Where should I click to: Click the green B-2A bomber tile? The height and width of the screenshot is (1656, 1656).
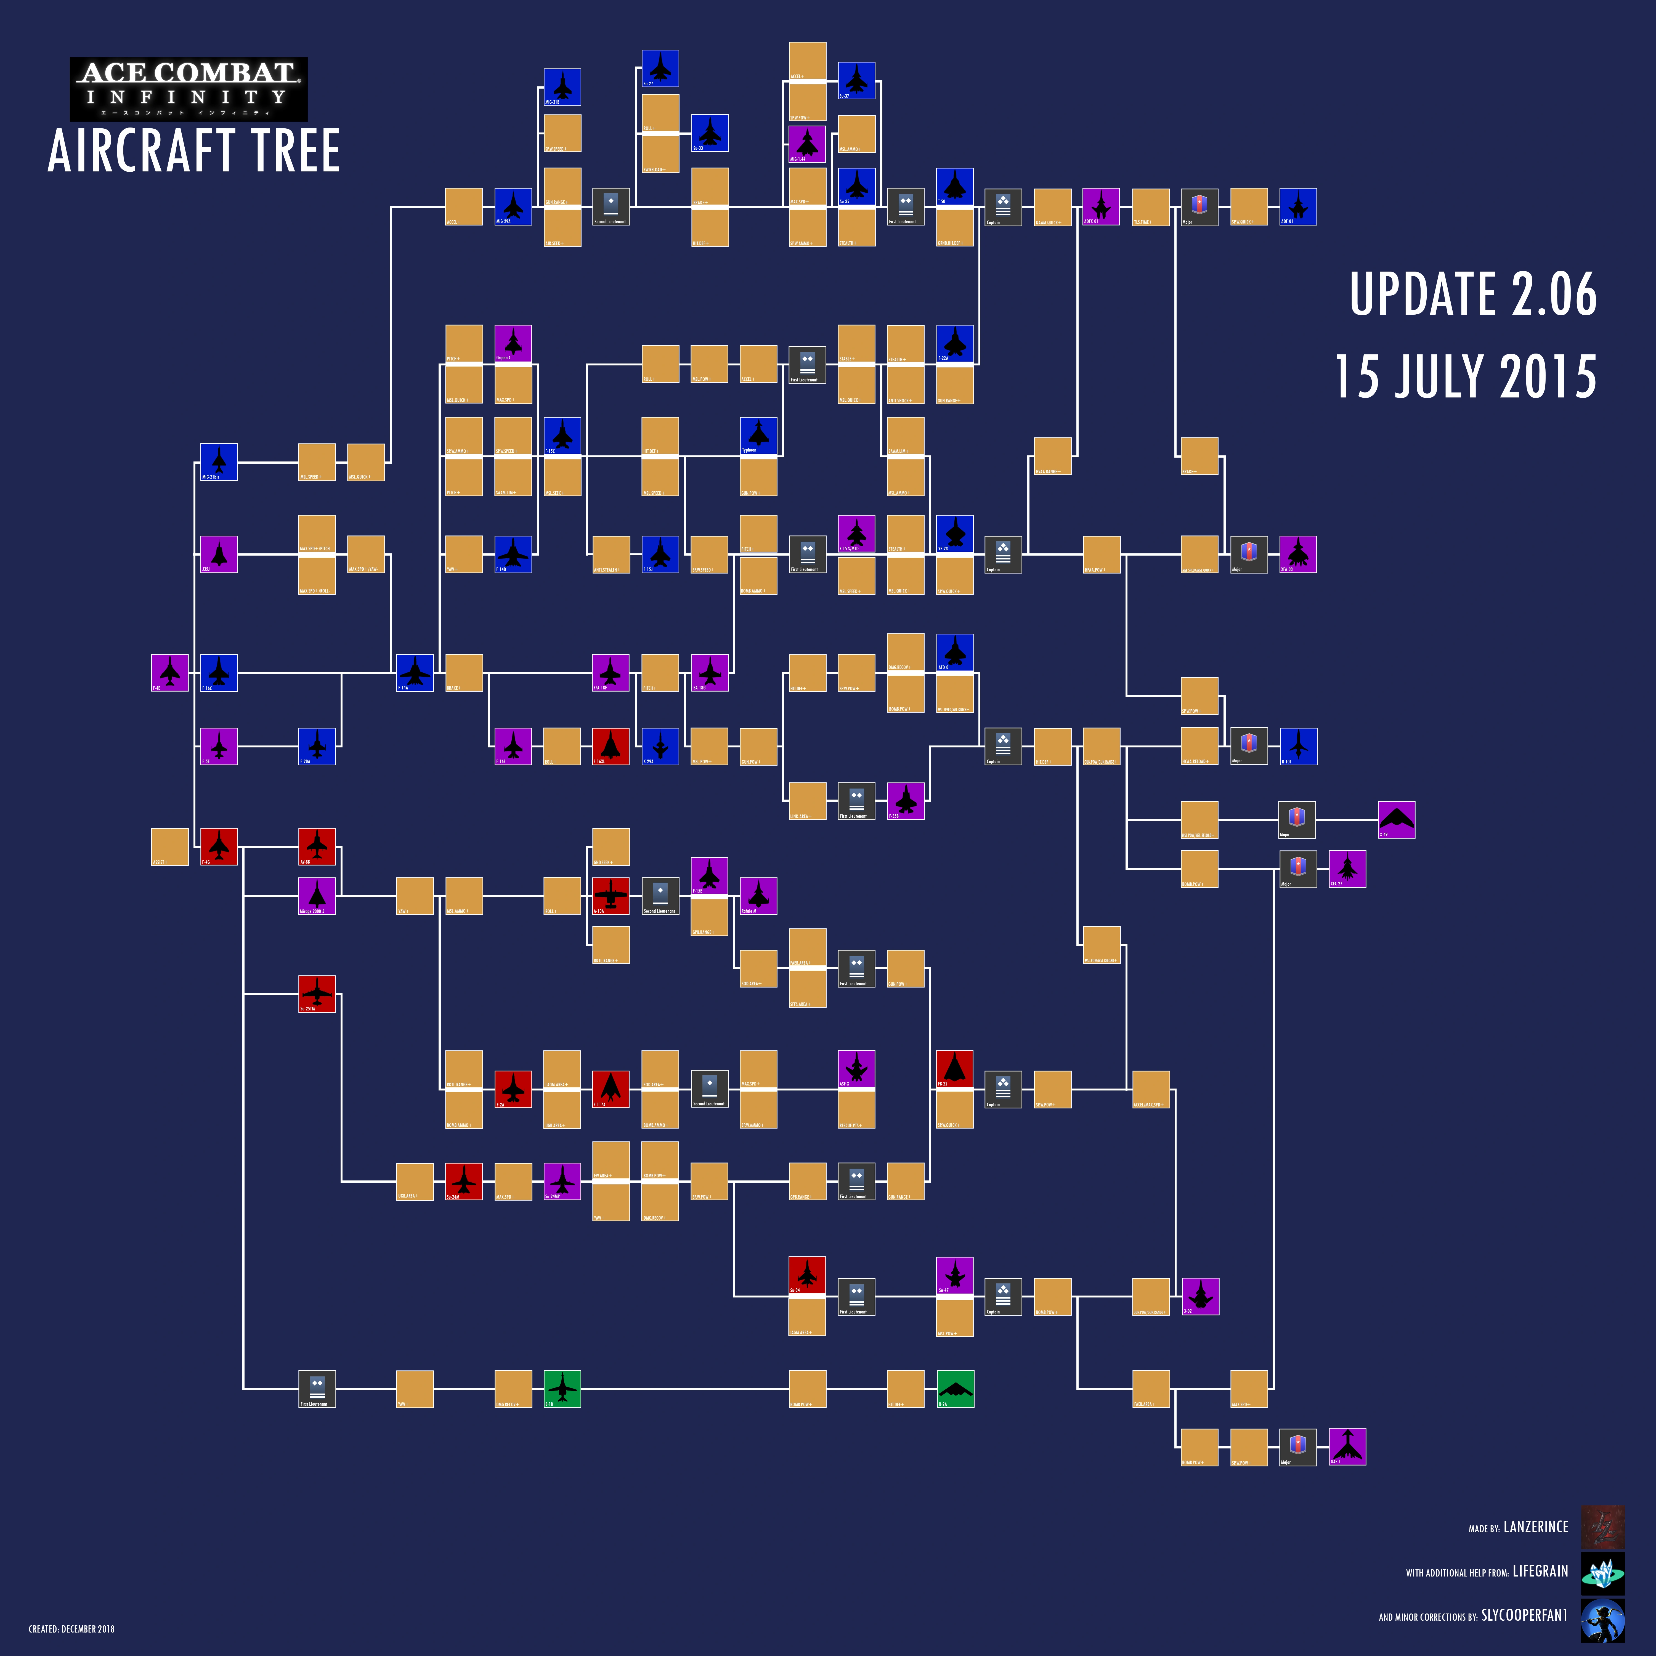[x=955, y=1389]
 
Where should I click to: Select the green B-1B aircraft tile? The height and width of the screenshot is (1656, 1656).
[x=562, y=1389]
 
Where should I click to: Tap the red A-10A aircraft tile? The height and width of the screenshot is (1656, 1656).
[x=610, y=896]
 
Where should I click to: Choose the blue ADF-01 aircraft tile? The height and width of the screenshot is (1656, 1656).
[x=1298, y=206]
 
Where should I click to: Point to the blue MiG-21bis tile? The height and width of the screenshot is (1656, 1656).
[x=219, y=462]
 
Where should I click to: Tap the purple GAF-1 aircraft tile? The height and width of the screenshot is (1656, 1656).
[x=1347, y=1447]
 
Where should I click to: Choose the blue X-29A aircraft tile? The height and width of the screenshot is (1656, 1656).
[x=660, y=746]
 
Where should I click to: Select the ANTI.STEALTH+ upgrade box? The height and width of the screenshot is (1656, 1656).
[x=610, y=554]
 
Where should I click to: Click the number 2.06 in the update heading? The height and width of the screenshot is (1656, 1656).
[x=1553, y=294]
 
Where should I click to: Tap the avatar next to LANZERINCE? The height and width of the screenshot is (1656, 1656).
[x=1602, y=1527]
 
